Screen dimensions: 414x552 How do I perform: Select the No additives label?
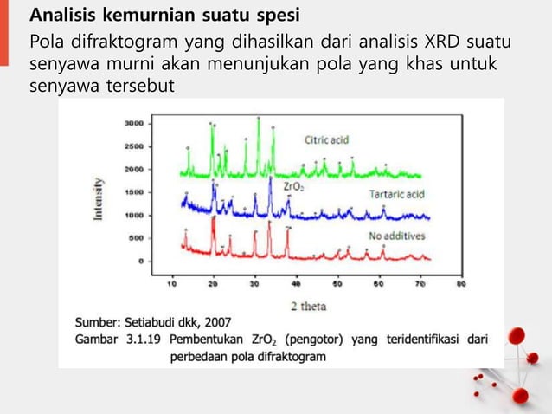click(395, 236)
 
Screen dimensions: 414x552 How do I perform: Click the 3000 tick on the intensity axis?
click(133, 124)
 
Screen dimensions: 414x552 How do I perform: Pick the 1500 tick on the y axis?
click(133, 191)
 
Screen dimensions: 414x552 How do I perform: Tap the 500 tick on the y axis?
click(136, 237)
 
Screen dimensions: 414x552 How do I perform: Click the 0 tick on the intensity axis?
click(141, 260)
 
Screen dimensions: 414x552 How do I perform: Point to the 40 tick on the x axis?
click(295, 282)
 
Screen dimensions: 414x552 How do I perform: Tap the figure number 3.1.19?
click(140, 340)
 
